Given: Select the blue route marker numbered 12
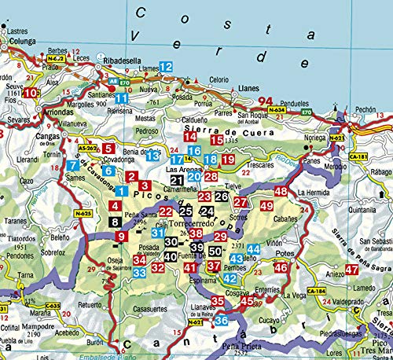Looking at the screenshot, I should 166,68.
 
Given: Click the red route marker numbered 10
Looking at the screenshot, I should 30,93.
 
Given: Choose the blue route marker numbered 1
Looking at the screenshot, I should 121,189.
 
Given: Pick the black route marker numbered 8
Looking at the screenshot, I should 116,222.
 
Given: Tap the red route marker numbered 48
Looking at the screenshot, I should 281,192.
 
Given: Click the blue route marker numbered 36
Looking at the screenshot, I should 221,320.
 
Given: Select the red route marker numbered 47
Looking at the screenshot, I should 351,270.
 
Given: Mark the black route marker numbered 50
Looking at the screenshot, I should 215,252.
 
